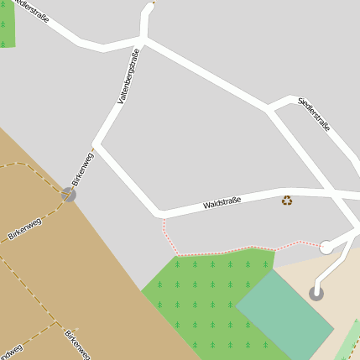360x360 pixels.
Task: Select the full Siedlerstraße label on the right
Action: tap(314, 115)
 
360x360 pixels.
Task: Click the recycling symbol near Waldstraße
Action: tap(287, 200)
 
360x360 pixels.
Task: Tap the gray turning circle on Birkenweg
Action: tap(68, 195)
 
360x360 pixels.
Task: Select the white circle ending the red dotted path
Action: tap(326, 247)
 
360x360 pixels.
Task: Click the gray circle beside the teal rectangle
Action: tap(316, 293)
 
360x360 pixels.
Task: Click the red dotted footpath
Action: tap(218, 253)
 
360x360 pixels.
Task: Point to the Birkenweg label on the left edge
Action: tap(24, 229)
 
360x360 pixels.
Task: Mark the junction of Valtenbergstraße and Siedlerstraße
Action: tap(143, 39)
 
